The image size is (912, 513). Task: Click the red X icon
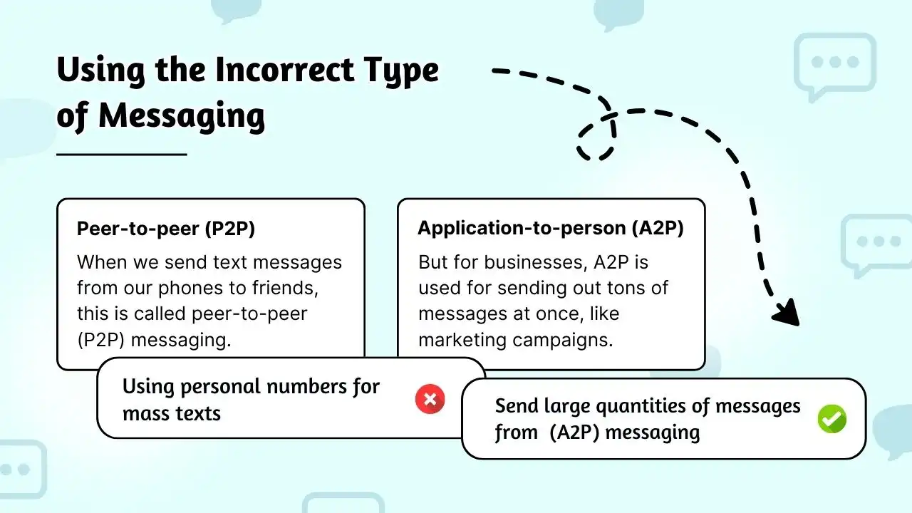click(430, 399)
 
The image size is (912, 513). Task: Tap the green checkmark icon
click(831, 419)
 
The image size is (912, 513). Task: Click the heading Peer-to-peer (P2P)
click(166, 229)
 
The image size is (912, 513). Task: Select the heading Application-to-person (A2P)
click(551, 228)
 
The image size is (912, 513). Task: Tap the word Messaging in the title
click(181, 115)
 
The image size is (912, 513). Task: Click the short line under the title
click(121, 153)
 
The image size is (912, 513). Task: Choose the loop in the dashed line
click(596, 139)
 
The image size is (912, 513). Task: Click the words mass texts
click(172, 413)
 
